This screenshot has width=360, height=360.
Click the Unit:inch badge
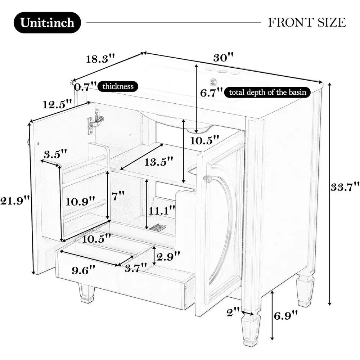pos(47,22)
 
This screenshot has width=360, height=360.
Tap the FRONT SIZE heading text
pos(307,22)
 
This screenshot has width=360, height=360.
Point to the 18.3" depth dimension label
pos(100,59)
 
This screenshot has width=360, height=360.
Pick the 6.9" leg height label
pos(285,316)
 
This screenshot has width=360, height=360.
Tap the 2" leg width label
pos(233,312)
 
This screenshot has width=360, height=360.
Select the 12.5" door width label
pos(57,104)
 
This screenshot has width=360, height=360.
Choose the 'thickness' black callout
pos(118,86)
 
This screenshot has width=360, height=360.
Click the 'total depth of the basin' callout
pos(267,92)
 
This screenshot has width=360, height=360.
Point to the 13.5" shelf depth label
pos(158,162)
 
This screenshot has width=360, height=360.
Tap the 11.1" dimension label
pos(162,211)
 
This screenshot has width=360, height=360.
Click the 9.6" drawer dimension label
pos(84,270)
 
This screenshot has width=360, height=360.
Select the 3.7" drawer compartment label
pos(136,268)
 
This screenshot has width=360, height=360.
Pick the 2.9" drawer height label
pos(168,256)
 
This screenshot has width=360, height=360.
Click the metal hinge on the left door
pos(95,121)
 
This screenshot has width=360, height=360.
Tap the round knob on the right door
pos(207,179)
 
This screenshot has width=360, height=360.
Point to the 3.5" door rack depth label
pos(55,154)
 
